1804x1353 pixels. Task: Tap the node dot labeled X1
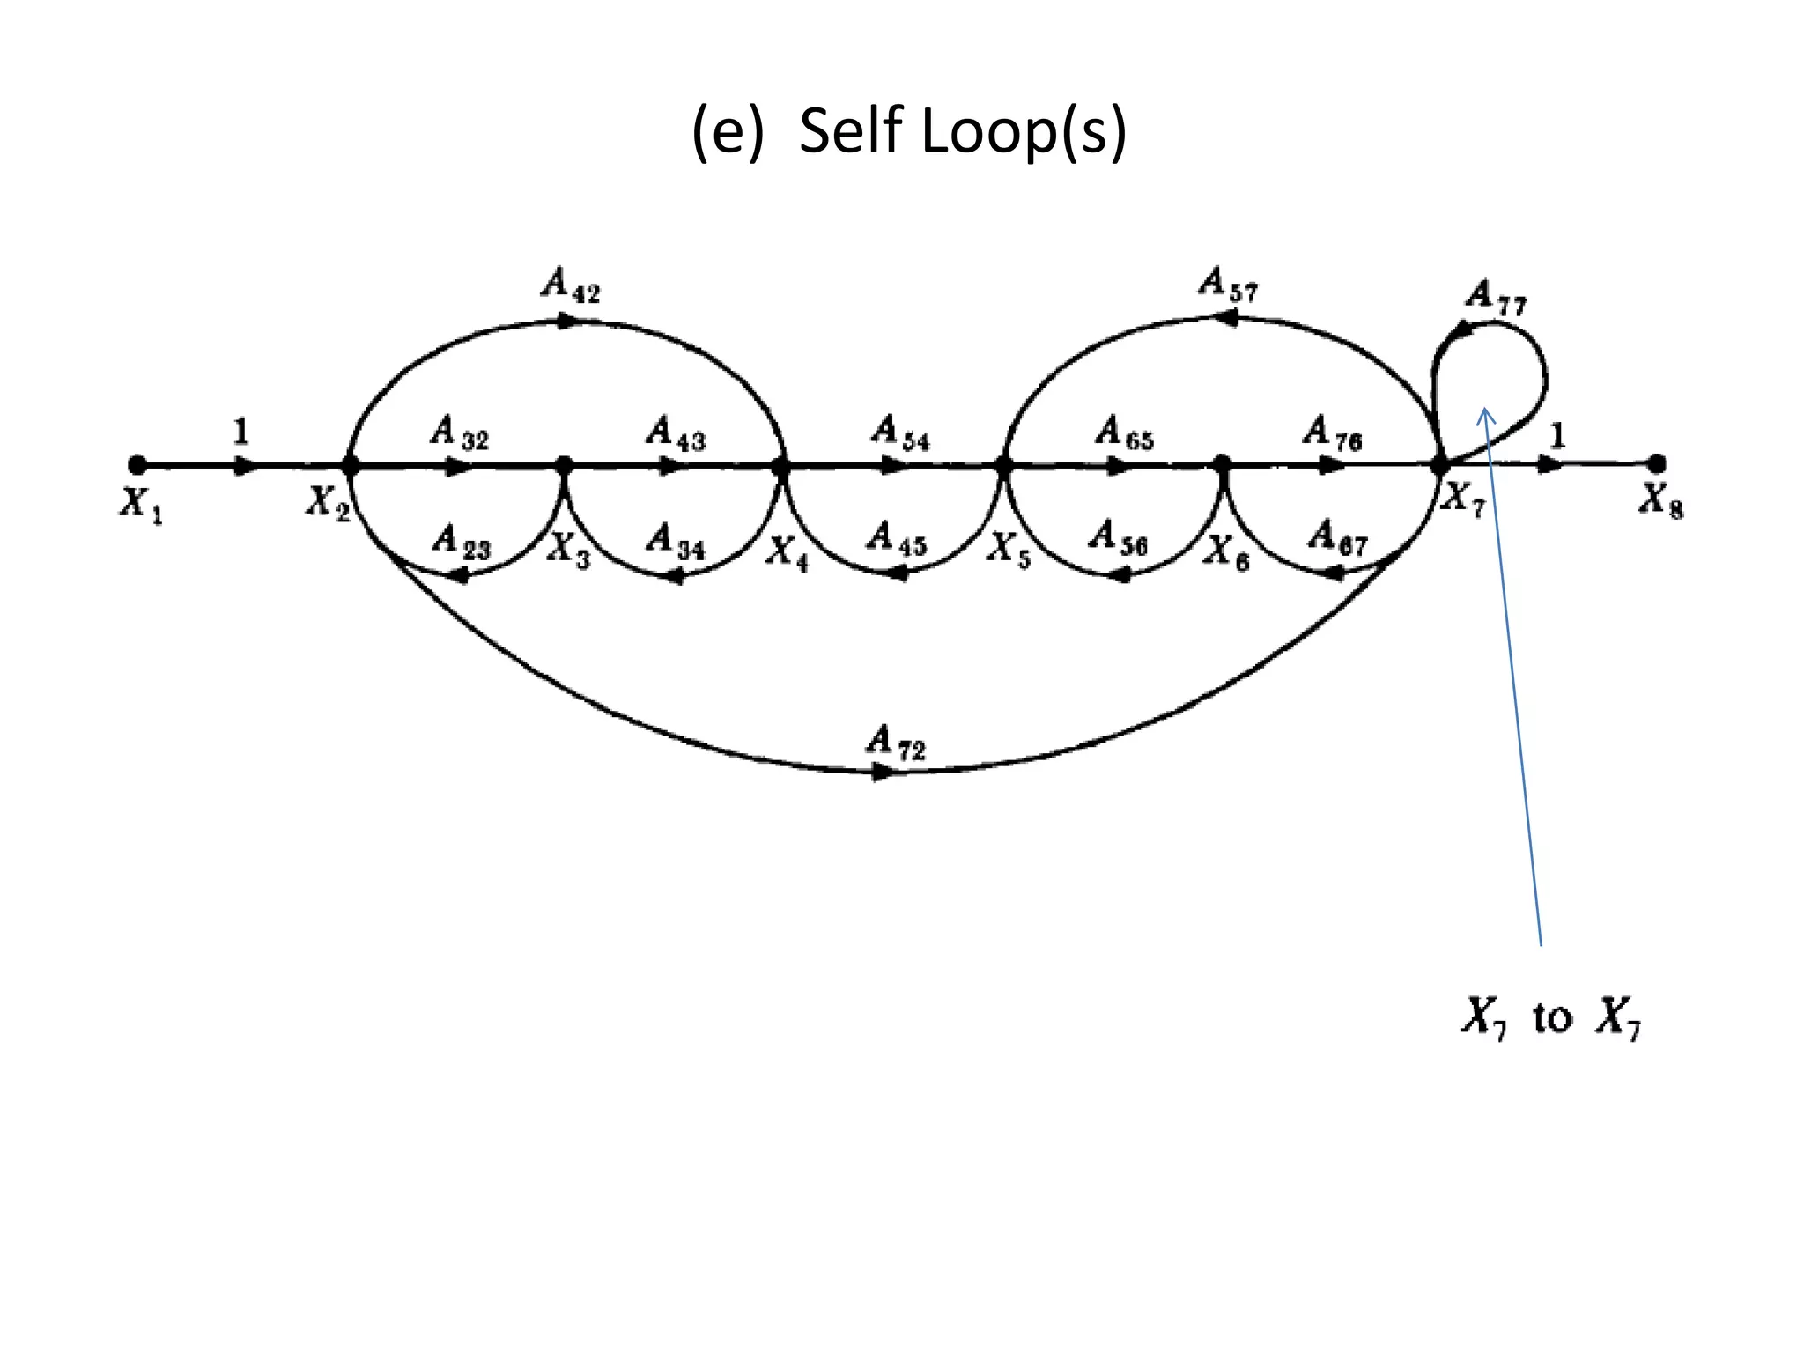tap(137, 464)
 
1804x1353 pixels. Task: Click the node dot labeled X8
tap(1656, 463)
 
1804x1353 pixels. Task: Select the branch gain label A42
tap(571, 285)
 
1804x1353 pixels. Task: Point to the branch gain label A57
tap(1228, 285)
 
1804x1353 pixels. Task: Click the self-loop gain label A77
tap(1496, 298)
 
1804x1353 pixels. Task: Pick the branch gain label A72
tap(895, 742)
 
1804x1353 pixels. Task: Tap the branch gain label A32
tap(459, 433)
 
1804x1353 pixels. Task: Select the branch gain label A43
tap(675, 433)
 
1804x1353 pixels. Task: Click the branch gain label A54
tap(900, 433)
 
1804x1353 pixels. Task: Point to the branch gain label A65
tap(1124, 433)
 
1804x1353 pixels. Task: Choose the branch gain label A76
tap(1332, 433)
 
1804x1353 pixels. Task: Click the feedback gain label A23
tap(461, 541)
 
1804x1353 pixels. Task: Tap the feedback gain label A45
tap(897, 538)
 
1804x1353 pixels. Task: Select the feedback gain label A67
tap(1337, 536)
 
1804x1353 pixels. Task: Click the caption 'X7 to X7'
tap(1550, 1017)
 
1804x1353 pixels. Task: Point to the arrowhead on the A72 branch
tap(882, 773)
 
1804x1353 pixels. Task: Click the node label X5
tap(1008, 550)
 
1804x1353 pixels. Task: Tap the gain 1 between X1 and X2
tap(240, 433)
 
